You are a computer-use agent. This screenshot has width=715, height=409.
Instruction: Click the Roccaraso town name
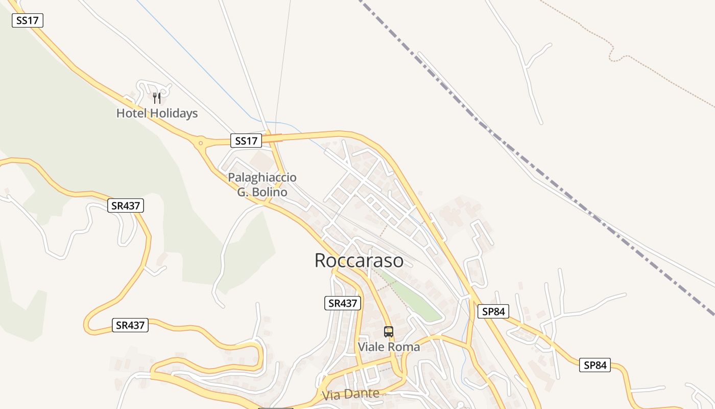pos(359,260)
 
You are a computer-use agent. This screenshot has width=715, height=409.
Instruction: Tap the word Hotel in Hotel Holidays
pos(131,113)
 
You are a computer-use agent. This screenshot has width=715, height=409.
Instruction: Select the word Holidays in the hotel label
pos(174,113)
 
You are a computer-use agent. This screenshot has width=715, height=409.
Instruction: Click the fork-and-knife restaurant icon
pos(157,98)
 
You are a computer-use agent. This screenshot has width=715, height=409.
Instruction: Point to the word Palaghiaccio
pos(262,177)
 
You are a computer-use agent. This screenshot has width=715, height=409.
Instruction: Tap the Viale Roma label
pos(389,347)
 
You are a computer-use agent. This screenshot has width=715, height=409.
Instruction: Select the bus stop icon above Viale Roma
pos(389,331)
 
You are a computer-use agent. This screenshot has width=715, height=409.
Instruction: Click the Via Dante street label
pos(351,394)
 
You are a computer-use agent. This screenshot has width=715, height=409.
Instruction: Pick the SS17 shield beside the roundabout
pos(246,141)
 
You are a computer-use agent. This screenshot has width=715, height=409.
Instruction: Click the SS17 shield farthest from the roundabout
pos(28,20)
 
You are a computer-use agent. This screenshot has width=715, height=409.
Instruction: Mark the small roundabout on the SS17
pos(201,143)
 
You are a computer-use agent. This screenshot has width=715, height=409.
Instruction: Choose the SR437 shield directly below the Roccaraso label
pos(343,303)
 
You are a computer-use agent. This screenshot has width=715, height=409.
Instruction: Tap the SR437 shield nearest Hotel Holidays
pos(126,206)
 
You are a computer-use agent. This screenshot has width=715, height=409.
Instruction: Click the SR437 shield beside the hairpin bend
pos(130,325)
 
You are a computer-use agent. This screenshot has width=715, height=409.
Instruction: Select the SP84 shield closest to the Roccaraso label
pos(493,311)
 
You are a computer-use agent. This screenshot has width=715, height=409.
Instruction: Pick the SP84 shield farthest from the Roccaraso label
pos(595,365)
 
